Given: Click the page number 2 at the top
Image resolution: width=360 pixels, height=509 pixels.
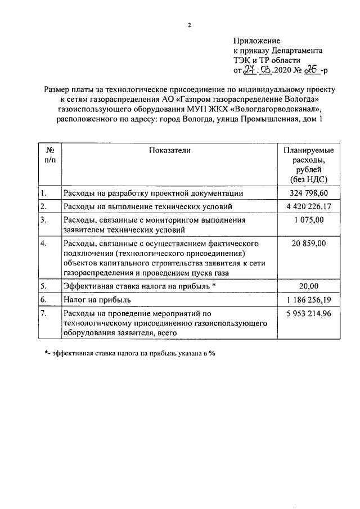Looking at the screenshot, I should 190,25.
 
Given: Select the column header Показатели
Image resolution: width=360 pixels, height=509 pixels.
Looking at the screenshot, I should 170,150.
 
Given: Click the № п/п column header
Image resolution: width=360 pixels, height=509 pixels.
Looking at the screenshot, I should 49,155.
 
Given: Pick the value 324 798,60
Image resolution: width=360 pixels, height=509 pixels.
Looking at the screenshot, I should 308,193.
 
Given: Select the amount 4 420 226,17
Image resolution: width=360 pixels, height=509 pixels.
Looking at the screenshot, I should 308,206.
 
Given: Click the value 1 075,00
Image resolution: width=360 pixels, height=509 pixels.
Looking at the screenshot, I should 308,220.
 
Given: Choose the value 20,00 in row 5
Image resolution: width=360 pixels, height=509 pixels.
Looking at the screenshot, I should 308,286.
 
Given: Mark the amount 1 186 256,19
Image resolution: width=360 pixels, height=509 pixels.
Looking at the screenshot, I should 308,299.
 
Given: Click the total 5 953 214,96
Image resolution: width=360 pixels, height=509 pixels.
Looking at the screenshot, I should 308,313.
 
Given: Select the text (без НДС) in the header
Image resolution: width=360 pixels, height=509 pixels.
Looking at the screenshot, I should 308,179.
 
